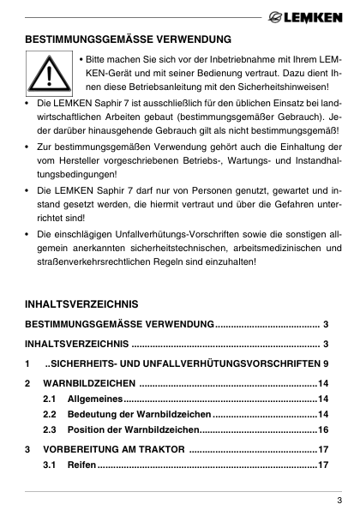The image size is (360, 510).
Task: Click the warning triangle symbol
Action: pos(48,75)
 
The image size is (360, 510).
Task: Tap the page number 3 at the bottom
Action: pos(339,500)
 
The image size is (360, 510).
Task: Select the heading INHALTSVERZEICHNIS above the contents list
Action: pos(81,305)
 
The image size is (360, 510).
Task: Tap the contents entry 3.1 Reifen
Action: pos(82,465)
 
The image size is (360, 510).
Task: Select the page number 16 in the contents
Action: pos(324,429)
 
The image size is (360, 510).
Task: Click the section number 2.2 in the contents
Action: pos(49,414)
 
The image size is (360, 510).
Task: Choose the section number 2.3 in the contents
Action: pos(49,429)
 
